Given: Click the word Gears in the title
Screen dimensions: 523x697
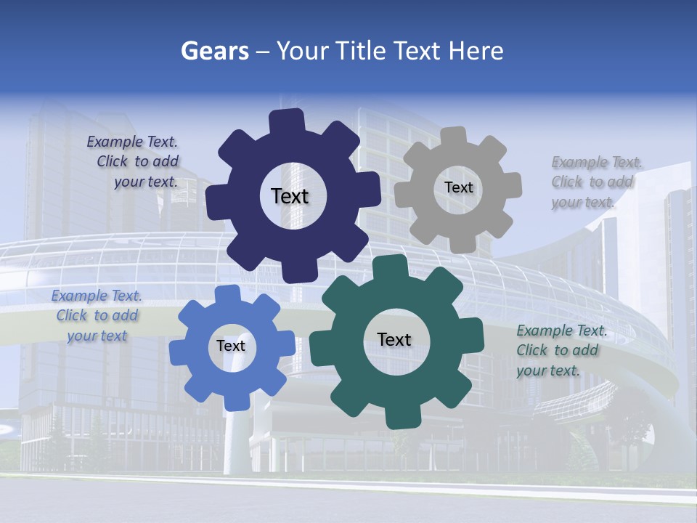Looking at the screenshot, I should [214, 51].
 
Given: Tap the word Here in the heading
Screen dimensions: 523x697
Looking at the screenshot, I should [476, 51].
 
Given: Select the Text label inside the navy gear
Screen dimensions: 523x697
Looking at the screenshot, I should [290, 196].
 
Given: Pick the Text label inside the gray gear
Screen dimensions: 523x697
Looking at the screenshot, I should [458, 187].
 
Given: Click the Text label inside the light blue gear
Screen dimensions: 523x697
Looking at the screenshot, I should [231, 346].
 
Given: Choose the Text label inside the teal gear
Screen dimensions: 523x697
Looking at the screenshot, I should [394, 339].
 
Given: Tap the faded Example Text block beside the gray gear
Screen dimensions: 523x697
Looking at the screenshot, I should [595, 182].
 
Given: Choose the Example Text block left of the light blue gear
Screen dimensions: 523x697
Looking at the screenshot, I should [97, 316].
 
